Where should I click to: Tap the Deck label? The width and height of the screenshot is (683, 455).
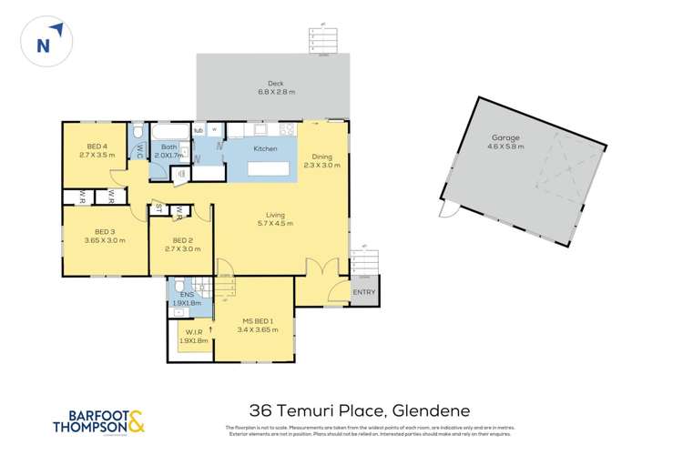coord(276,82)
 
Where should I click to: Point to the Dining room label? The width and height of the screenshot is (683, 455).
coord(321,156)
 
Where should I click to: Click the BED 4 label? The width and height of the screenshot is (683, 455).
coord(97,147)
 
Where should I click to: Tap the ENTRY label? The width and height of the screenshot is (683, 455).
coord(363,291)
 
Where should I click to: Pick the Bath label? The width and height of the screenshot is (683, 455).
coord(169,147)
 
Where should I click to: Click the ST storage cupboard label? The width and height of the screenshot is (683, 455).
coord(159,207)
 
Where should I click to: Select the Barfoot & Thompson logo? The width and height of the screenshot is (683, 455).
coord(98,423)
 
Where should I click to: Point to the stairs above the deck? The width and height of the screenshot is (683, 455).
coord(324,40)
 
